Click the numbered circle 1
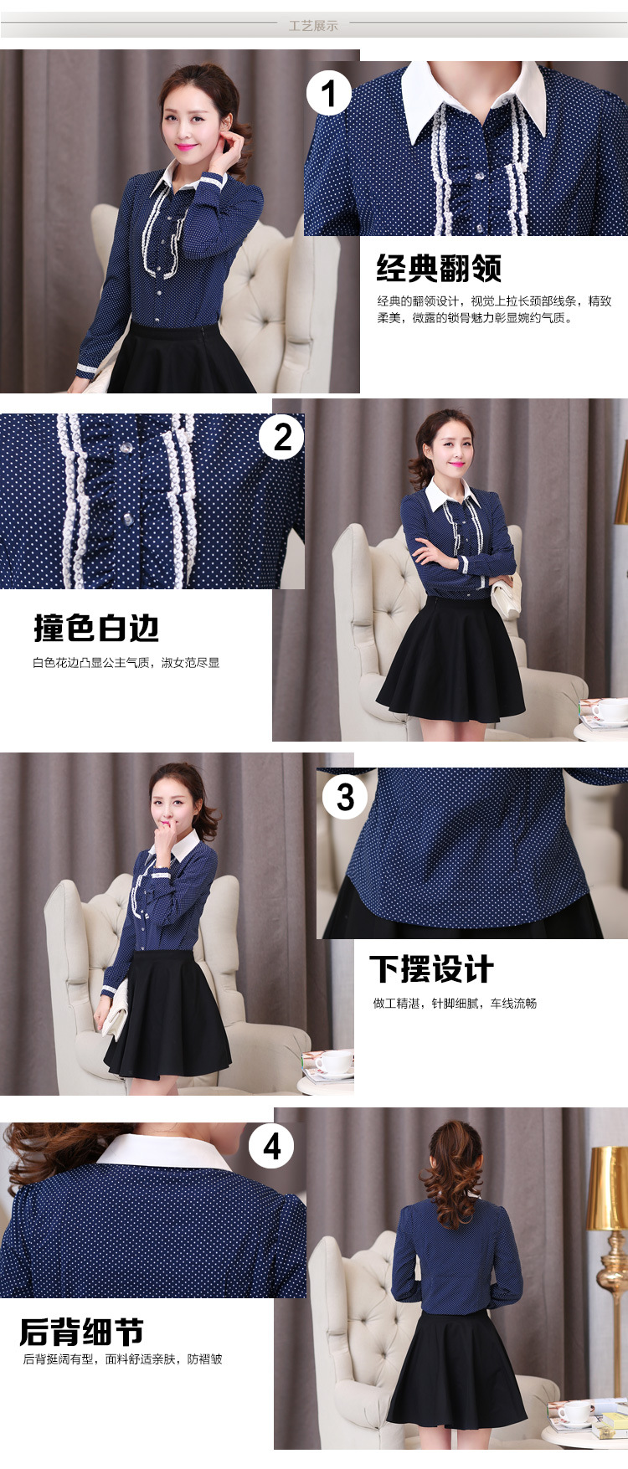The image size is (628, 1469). (x=328, y=93)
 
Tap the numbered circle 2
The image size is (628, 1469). (x=282, y=437)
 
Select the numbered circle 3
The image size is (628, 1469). (x=345, y=797)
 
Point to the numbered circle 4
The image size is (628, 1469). (x=271, y=1146)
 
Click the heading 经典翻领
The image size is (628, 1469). (x=439, y=268)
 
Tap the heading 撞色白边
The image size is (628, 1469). (x=96, y=628)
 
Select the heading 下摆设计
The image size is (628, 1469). (x=432, y=969)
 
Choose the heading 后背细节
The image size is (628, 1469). (x=81, y=1332)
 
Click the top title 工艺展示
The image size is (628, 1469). (x=314, y=26)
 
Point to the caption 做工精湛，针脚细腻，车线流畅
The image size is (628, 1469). (x=455, y=1004)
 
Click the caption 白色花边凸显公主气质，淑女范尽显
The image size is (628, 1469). (x=126, y=663)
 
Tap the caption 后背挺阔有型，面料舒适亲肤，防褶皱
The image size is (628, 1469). (x=122, y=1359)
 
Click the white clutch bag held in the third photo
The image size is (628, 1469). (x=117, y=1009)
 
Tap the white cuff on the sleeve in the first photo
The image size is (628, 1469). (x=87, y=370)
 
